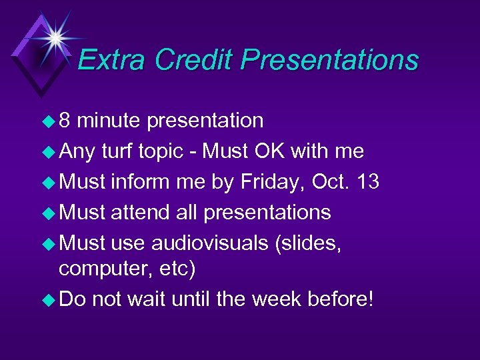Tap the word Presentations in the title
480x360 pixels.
coord(329,60)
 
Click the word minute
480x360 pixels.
coord(111,121)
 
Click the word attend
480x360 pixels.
coord(137,213)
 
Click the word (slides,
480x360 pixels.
coord(308,243)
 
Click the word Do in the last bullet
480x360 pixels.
coord(73,299)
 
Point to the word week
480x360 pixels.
coord(273,299)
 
